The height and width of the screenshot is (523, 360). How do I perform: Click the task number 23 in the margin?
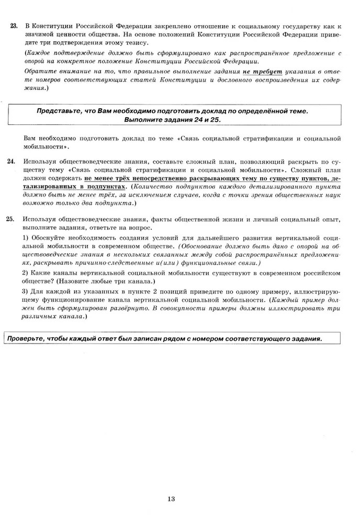14,26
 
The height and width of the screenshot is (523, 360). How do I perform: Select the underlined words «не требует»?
262,72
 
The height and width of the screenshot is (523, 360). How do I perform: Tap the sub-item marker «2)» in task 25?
25,273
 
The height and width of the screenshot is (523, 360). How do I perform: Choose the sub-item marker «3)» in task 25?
25,291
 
